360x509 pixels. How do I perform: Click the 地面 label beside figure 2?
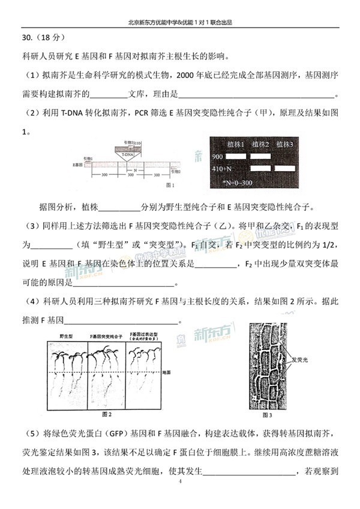(166, 372)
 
